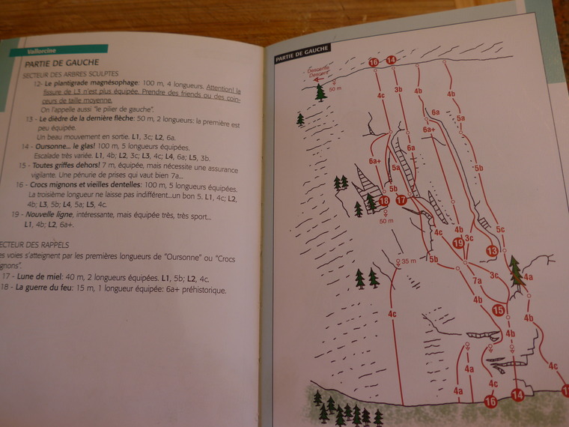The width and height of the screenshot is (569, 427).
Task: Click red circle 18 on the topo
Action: click(384, 201)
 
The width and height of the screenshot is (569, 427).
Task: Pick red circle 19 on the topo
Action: click(459, 242)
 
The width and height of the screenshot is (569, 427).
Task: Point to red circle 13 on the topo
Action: click(492, 250)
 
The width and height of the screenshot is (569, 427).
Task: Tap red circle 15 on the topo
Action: click(499, 310)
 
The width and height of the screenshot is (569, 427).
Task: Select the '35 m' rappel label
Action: click(408, 261)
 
